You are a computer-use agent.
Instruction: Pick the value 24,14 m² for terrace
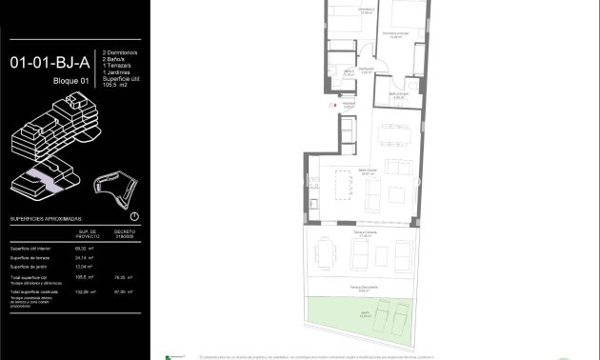click(x=87, y=257)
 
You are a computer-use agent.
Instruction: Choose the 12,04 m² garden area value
click(x=87, y=267)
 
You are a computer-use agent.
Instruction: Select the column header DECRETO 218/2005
click(x=125, y=233)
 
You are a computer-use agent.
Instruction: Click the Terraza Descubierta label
click(x=359, y=286)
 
